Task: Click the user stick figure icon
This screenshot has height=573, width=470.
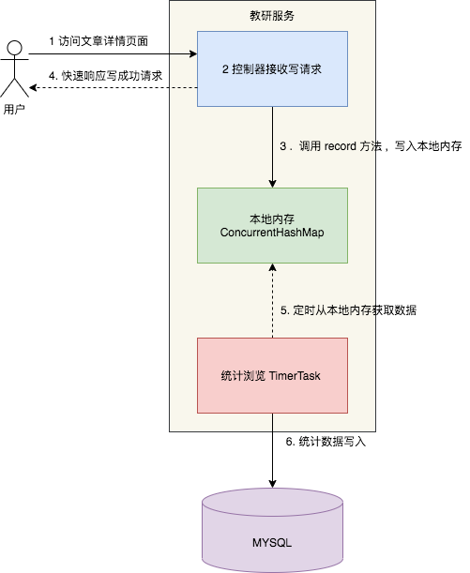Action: point(14,69)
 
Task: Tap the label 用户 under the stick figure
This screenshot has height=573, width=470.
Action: point(14,110)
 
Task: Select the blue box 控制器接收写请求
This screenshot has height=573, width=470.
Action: point(272,68)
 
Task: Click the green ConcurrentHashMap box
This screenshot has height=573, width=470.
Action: point(272,225)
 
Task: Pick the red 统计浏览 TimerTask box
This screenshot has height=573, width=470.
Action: point(272,375)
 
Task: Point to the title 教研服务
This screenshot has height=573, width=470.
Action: point(272,16)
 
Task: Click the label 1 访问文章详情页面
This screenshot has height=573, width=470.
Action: point(98,42)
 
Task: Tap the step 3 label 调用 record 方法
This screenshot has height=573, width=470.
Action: point(371,146)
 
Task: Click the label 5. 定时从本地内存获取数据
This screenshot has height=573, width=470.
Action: point(349,309)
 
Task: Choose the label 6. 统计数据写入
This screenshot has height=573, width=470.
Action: point(325,441)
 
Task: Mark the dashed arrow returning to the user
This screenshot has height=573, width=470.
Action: point(113,88)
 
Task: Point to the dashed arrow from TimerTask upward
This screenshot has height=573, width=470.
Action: point(272,300)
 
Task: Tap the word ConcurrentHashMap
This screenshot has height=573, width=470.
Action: point(272,233)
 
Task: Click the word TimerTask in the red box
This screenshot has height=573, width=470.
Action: point(296,375)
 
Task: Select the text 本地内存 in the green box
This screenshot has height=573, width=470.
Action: point(272,218)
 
